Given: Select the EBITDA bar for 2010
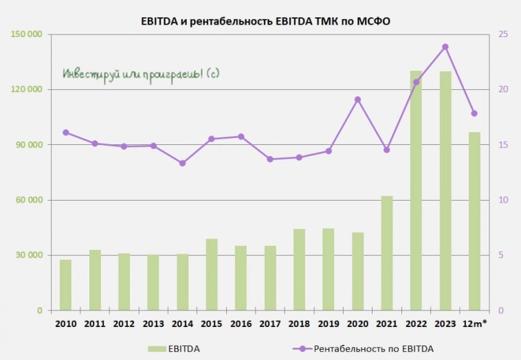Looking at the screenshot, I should tap(65, 285).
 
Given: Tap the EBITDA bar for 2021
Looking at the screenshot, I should tap(387, 254).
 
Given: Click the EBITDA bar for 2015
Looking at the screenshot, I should tap(212, 275).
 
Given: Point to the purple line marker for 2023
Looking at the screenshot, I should tap(445, 47).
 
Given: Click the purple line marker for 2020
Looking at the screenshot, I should tap(357, 100).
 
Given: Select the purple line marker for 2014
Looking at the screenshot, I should tap(182, 163).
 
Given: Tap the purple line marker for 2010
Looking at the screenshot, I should tap(65, 133).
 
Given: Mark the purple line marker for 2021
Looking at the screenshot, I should tap(387, 150).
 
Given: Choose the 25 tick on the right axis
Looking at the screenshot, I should tap(502, 34).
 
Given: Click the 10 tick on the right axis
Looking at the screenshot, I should tap(502, 200).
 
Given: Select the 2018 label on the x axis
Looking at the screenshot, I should tap(299, 323).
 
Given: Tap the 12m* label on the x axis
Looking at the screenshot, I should tap(474, 323).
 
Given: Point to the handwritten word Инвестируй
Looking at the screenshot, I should tap(88, 73).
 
